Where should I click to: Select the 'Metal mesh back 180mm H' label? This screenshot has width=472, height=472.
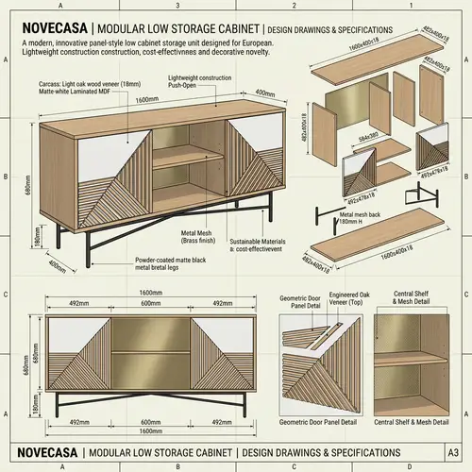[358, 219]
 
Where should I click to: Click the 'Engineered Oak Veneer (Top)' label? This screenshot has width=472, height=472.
[343, 300]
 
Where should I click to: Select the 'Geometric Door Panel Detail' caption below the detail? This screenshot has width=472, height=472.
[323, 422]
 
